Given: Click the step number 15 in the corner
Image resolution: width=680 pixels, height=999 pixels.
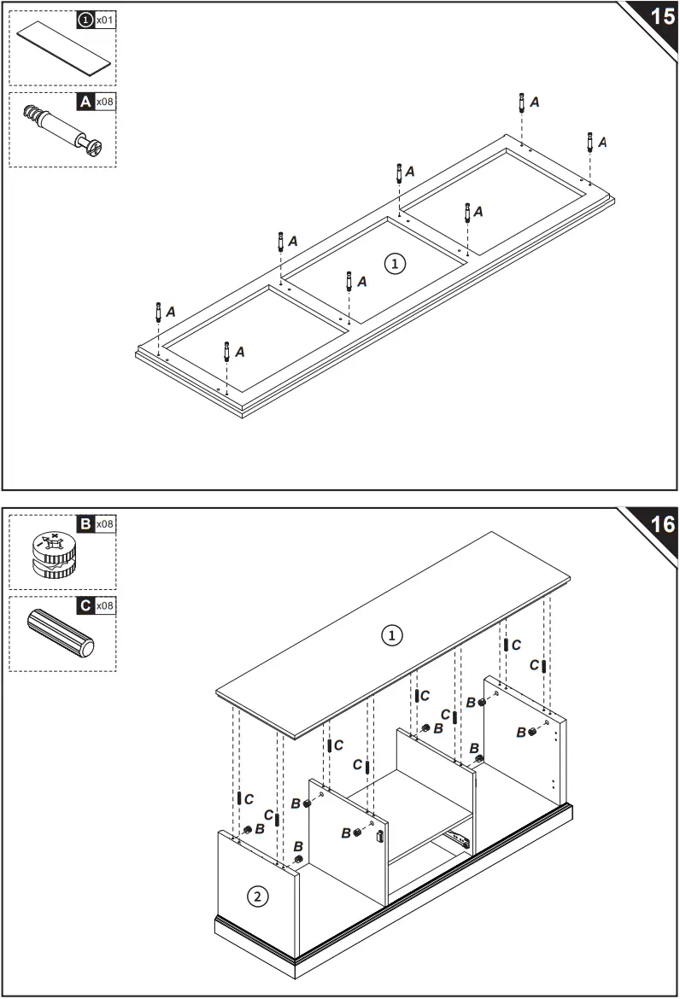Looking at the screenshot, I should click(x=662, y=18).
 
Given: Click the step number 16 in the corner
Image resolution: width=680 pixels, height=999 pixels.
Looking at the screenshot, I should click(x=662, y=523).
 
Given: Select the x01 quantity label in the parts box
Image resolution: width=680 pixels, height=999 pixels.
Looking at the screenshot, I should click(x=105, y=19).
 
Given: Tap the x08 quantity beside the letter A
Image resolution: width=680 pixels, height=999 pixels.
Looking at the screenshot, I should click(x=105, y=102).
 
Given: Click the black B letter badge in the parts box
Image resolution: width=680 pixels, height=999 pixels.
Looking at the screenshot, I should click(x=85, y=523).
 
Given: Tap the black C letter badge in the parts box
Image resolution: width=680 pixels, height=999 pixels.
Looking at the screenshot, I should click(x=85, y=605).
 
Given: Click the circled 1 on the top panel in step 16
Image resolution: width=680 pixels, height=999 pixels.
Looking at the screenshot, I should click(x=390, y=635).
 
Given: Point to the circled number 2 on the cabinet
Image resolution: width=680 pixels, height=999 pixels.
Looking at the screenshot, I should click(x=256, y=896).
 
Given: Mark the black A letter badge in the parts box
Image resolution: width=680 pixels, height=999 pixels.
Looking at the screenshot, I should click(x=85, y=102).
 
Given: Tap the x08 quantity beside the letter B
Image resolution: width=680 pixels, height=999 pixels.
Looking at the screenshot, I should click(x=105, y=523).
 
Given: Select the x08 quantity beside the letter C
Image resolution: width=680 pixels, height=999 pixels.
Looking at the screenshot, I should click(x=105, y=605).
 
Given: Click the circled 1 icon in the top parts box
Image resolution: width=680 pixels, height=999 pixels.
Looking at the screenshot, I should click(x=85, y=19).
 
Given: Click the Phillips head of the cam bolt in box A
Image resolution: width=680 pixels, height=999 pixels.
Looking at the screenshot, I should click(x=95, y=149).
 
